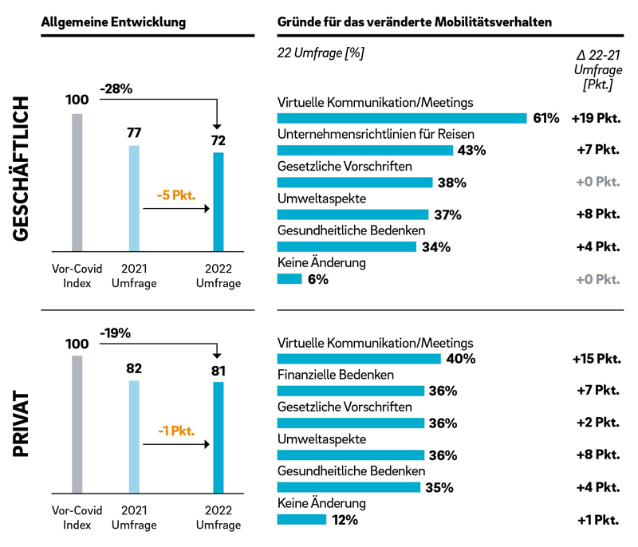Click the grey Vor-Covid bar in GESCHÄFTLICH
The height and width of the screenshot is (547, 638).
pos(77,182)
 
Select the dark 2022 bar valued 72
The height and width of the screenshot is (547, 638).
pos(219,201)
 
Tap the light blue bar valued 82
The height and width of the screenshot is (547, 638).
pos(134,437)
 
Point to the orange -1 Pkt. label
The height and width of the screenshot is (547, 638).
pos(174,431)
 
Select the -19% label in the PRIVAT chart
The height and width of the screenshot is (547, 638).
pos(116,333)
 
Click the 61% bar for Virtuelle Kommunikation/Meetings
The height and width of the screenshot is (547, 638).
pos(402,118)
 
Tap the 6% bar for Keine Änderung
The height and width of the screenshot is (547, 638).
pos(289,279)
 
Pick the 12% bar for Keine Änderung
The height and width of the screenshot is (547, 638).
pos(301,520)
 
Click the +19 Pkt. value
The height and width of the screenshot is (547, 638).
pos(596,118)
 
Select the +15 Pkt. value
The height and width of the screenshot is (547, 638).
pos(596,359)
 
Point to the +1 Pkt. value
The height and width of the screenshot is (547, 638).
pos(598,520)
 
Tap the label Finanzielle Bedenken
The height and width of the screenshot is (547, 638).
pos(335,375)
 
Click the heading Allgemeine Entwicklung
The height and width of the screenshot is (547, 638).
pos(113,22)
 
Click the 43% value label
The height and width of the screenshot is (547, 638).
pos(471,151)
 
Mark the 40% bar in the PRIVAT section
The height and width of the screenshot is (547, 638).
pos(359,359)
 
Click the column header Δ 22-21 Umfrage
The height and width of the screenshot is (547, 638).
pos(598,69)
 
